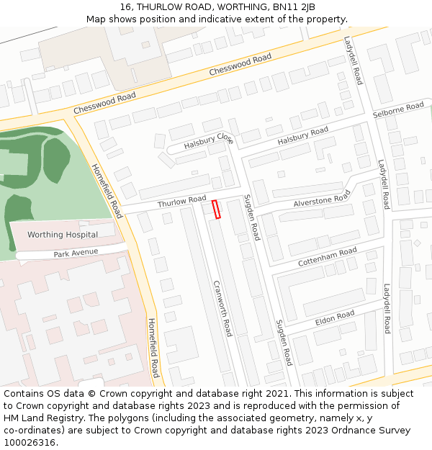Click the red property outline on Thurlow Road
pyautogui.click(x=215, y=209)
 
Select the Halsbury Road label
pyautogui.click(x=302, y=135)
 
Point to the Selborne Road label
pyautogui.click(x=398, y=110)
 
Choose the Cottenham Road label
pyautogui.click(x=328, y=257)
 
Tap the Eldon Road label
pyautogui.click(x=335, y=317)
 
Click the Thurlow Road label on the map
pyautogui.click(x=181, y=201)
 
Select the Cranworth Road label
pyautogui.click(x=222, y=308)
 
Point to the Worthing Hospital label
pyautogui.click(x=63, y=235)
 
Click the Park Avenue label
pyautogui.click(x=76, y=253)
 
